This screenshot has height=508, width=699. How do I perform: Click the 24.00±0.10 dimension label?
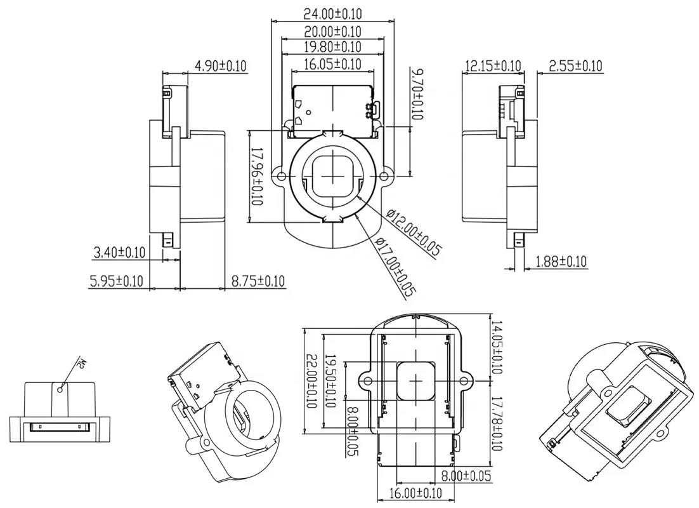(332, 13)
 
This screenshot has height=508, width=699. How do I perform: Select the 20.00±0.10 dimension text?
(332, 31)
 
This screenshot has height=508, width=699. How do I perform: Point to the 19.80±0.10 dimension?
(332, 47)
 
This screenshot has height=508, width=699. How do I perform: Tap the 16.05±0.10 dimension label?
(332, 64)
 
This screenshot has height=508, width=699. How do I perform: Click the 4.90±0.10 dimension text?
(220, 66)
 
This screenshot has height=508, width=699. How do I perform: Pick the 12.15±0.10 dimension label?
(493, 66)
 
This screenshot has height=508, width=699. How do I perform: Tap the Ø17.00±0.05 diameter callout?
(394, 267)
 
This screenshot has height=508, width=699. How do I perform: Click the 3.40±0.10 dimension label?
(119, 252)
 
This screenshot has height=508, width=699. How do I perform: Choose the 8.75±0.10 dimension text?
(258, 281)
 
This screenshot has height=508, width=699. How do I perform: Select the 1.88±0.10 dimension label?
(561, 261)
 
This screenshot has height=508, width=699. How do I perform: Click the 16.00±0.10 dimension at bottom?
(415, 493)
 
